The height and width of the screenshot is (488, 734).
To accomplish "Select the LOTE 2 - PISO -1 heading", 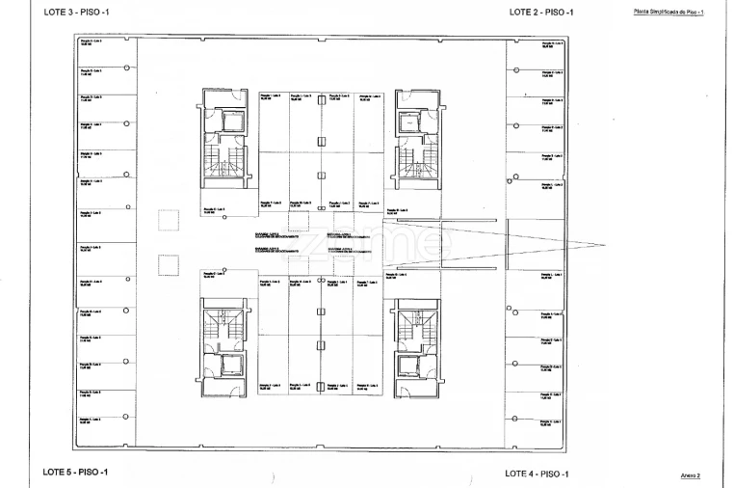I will point(541,12).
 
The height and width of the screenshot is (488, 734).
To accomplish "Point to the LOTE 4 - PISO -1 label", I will point(537,474).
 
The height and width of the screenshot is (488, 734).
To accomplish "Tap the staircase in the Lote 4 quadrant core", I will point(415,324).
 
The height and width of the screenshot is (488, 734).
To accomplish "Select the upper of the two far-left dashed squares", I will point(169,218).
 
